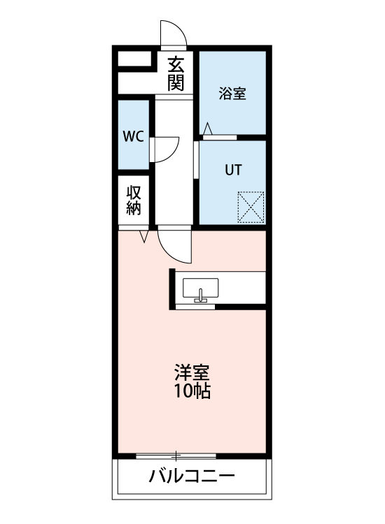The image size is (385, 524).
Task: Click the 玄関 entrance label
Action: pos(176,74)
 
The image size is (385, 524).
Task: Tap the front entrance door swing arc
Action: pos(174,32)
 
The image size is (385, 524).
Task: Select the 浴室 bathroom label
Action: pos(232,94)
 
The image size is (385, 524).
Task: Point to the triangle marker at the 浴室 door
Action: pos(207,128)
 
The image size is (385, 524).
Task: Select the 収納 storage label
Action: pos(134,200)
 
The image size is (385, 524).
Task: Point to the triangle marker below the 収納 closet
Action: pos(145,238)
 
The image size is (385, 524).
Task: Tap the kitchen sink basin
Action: pos(201,288)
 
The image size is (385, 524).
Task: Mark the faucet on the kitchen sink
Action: pos(201,296)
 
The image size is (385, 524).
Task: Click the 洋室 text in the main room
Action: pos(192,372)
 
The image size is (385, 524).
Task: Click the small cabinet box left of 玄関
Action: pos(134,59)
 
